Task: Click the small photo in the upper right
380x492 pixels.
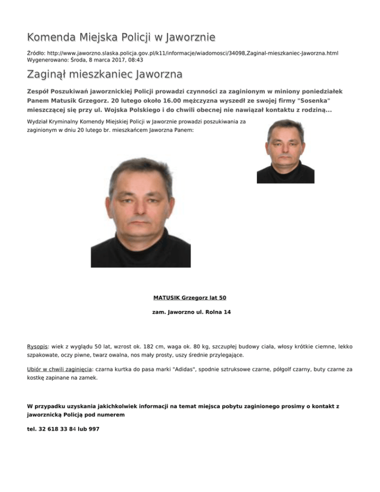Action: (285, 151)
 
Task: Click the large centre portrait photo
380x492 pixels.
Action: (141, 213)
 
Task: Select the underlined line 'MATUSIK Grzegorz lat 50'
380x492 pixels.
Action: (190, 298)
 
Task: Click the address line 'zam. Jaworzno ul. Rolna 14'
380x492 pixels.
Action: (190, 312)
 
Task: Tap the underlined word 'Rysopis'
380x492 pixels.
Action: (37, 347)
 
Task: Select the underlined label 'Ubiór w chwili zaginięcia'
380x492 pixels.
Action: (59, 369)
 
